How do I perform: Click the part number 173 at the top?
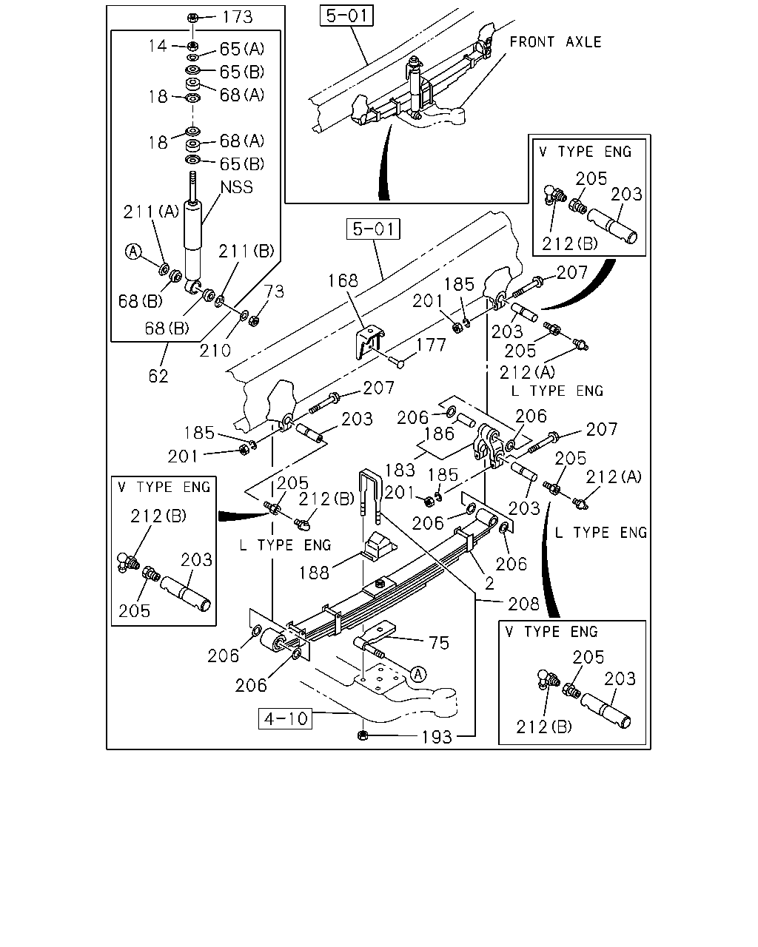tap(238, 17)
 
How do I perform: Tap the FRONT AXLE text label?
tap(555, 42)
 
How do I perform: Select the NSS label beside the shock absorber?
tap(237, 187)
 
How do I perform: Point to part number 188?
tap(314, 573)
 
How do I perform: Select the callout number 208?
tap(523, 604)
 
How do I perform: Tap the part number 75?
tap(439, 643)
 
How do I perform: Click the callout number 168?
tap(343, 280)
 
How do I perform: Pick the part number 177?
tap(431, 345)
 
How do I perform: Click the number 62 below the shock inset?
tap(158, 377)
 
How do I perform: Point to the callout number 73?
tap(274, 291)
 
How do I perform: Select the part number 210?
tap(215, 351)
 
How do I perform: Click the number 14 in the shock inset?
tap(158, 46)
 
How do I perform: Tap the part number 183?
tap(400, 470)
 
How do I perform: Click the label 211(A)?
tap(151, 212)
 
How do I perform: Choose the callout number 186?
tap(439, 434)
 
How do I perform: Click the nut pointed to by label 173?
tap(192, 18)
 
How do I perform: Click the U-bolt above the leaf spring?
tap(370, 496)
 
